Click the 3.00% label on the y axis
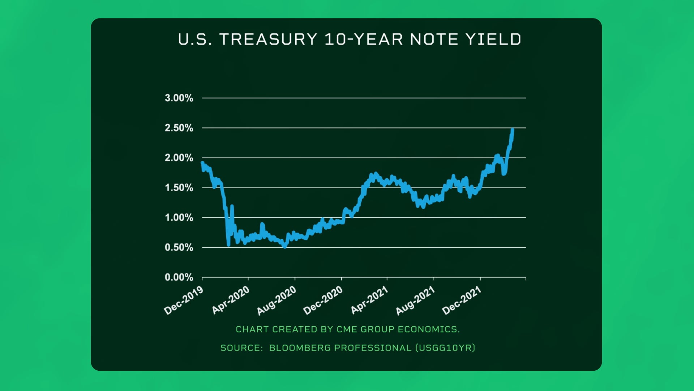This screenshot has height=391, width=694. (x=179, y=98)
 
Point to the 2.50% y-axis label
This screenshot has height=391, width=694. (x=179, y=128)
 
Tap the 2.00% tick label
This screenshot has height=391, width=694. (x=179, y=158)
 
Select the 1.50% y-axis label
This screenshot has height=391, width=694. (x=179, y=188)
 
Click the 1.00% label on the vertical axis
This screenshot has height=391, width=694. (x=179, y=218)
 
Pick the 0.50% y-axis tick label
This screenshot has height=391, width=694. (x=179, y=248)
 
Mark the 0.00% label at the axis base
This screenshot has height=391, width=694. (x=179, y=277)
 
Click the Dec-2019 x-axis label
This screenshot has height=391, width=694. (x=184, y=300)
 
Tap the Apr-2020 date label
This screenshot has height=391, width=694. (x=231, y=300)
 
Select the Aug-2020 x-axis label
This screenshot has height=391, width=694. (x=277, y=300)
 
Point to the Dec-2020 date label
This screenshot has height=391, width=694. (x=323, y=300)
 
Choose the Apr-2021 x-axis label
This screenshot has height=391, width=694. (x=369, y=300)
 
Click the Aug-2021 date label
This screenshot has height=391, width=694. (x=415, y=300)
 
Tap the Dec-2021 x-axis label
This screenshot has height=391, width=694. (x=462, y=300)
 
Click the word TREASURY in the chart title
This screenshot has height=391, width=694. (x=268, y=39)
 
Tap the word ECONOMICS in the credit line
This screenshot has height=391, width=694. (x=429, y=329)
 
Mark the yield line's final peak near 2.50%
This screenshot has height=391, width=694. (x=513, y=129)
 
